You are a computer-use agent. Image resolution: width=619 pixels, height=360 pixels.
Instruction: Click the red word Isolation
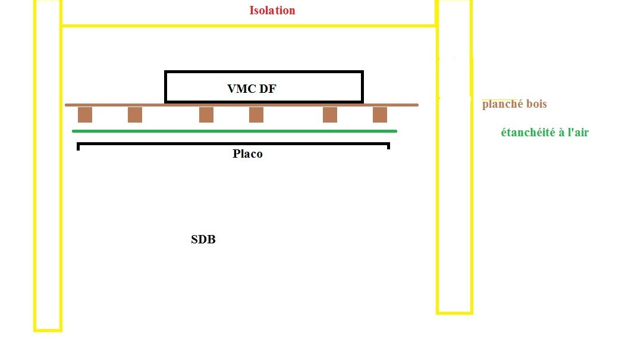[272, 11]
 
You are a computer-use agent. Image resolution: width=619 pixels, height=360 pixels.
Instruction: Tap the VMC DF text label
[252, 89]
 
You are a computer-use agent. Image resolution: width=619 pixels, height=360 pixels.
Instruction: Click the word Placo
[247, 154]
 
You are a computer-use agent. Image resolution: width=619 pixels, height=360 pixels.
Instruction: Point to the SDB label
[203, 240]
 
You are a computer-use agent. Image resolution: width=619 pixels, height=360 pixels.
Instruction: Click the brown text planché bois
[514, 104]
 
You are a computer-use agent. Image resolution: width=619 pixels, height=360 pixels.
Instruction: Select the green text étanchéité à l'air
[545, 132]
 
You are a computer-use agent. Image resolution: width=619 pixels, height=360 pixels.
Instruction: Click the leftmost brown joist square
[85, 115]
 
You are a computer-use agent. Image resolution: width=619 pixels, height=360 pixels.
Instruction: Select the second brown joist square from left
[135, 115]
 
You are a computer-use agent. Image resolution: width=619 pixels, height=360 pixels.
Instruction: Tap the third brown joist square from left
[206, 115]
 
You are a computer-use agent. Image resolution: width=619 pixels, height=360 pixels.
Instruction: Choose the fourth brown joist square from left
[256, 115]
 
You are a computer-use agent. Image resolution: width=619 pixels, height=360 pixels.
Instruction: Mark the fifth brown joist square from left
[330, 115]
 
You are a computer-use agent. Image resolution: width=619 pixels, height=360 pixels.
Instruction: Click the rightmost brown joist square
[380, 115]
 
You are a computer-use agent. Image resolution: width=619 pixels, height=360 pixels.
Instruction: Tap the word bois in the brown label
[535, 104]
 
